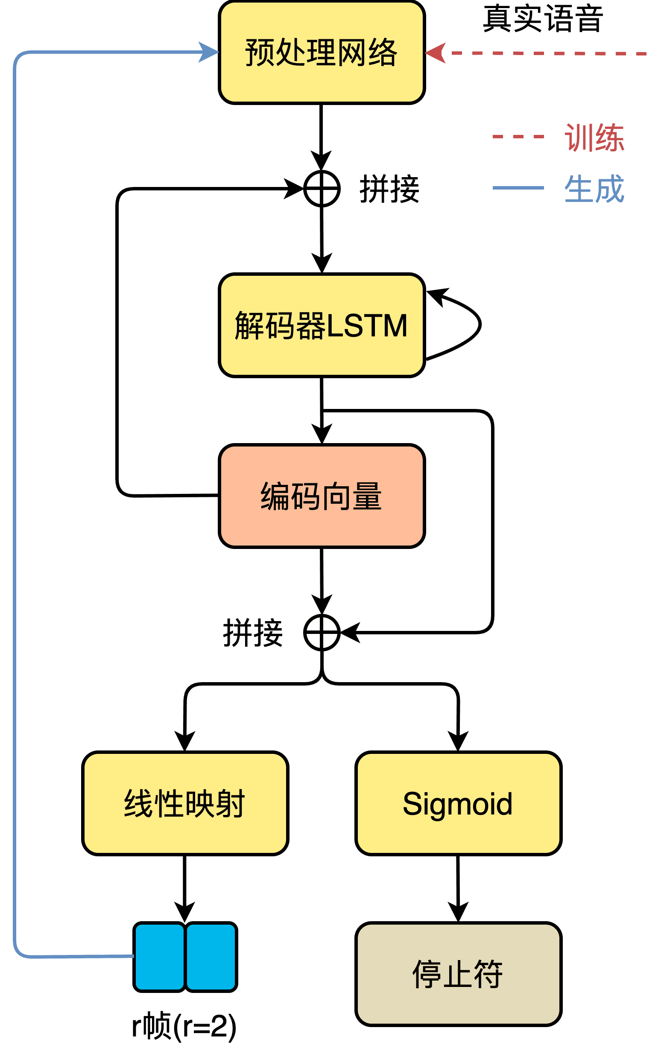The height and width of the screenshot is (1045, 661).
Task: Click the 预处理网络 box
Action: pyautogui.click(x=322, y=53)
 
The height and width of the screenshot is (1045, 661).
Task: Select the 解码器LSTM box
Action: pyautogui.click(x=322, y=325)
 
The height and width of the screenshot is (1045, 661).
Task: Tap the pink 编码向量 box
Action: pyautogui.click(x=322, y=496)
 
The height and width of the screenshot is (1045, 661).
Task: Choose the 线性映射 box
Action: pyautogui.click(x=185, y=804)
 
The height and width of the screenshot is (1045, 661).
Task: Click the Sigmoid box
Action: pyautogui.click(x=458, y=804)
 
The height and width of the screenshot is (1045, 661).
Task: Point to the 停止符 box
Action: pyautogui.click(x=458, y=974)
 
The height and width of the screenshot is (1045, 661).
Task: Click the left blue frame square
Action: pyautogui.click(x=159, y=957)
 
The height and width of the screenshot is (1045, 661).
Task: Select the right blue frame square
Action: pyautogui.click(x=211, y=957)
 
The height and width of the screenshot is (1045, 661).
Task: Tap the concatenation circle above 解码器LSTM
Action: pyautogui.click(x=322, y=189)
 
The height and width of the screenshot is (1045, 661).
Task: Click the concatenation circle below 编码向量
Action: pyautogui.click(x=322, y=633)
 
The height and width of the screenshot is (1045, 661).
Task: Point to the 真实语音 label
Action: pyautogui.click(x=543, y=20)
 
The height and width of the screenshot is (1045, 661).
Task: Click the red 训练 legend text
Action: pyautogui.click(x=594, y=137)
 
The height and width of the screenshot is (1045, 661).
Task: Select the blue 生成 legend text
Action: pyautogui.click(x=594, y=189)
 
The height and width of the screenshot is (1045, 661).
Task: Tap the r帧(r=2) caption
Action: pyautogui.click(x=184, y=1026)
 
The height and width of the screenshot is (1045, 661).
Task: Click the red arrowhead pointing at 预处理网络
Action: pyautogui.click(x=436, y=53)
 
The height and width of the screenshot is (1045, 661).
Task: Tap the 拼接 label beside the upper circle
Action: pyautogui.click(x=389, y=189)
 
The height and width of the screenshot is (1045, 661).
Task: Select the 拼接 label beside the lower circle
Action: pyautogui.click(x=253, y=633)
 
